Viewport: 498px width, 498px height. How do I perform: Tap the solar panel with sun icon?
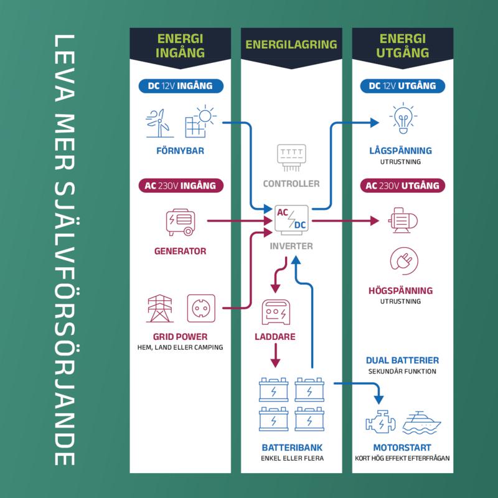coord(199,122)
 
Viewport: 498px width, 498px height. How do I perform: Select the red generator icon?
coord(180,222)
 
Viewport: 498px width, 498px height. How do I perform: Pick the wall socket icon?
coord(201,308)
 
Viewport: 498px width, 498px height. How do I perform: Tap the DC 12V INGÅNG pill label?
coord(180,86)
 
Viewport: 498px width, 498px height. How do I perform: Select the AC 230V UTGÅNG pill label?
coord(402,186)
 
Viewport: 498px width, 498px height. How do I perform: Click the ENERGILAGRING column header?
coord(291,45)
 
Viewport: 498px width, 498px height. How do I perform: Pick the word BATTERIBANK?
coord(291,448)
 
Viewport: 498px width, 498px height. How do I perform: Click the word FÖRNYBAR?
coord(180,151)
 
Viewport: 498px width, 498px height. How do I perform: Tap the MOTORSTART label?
coord(402,448)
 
